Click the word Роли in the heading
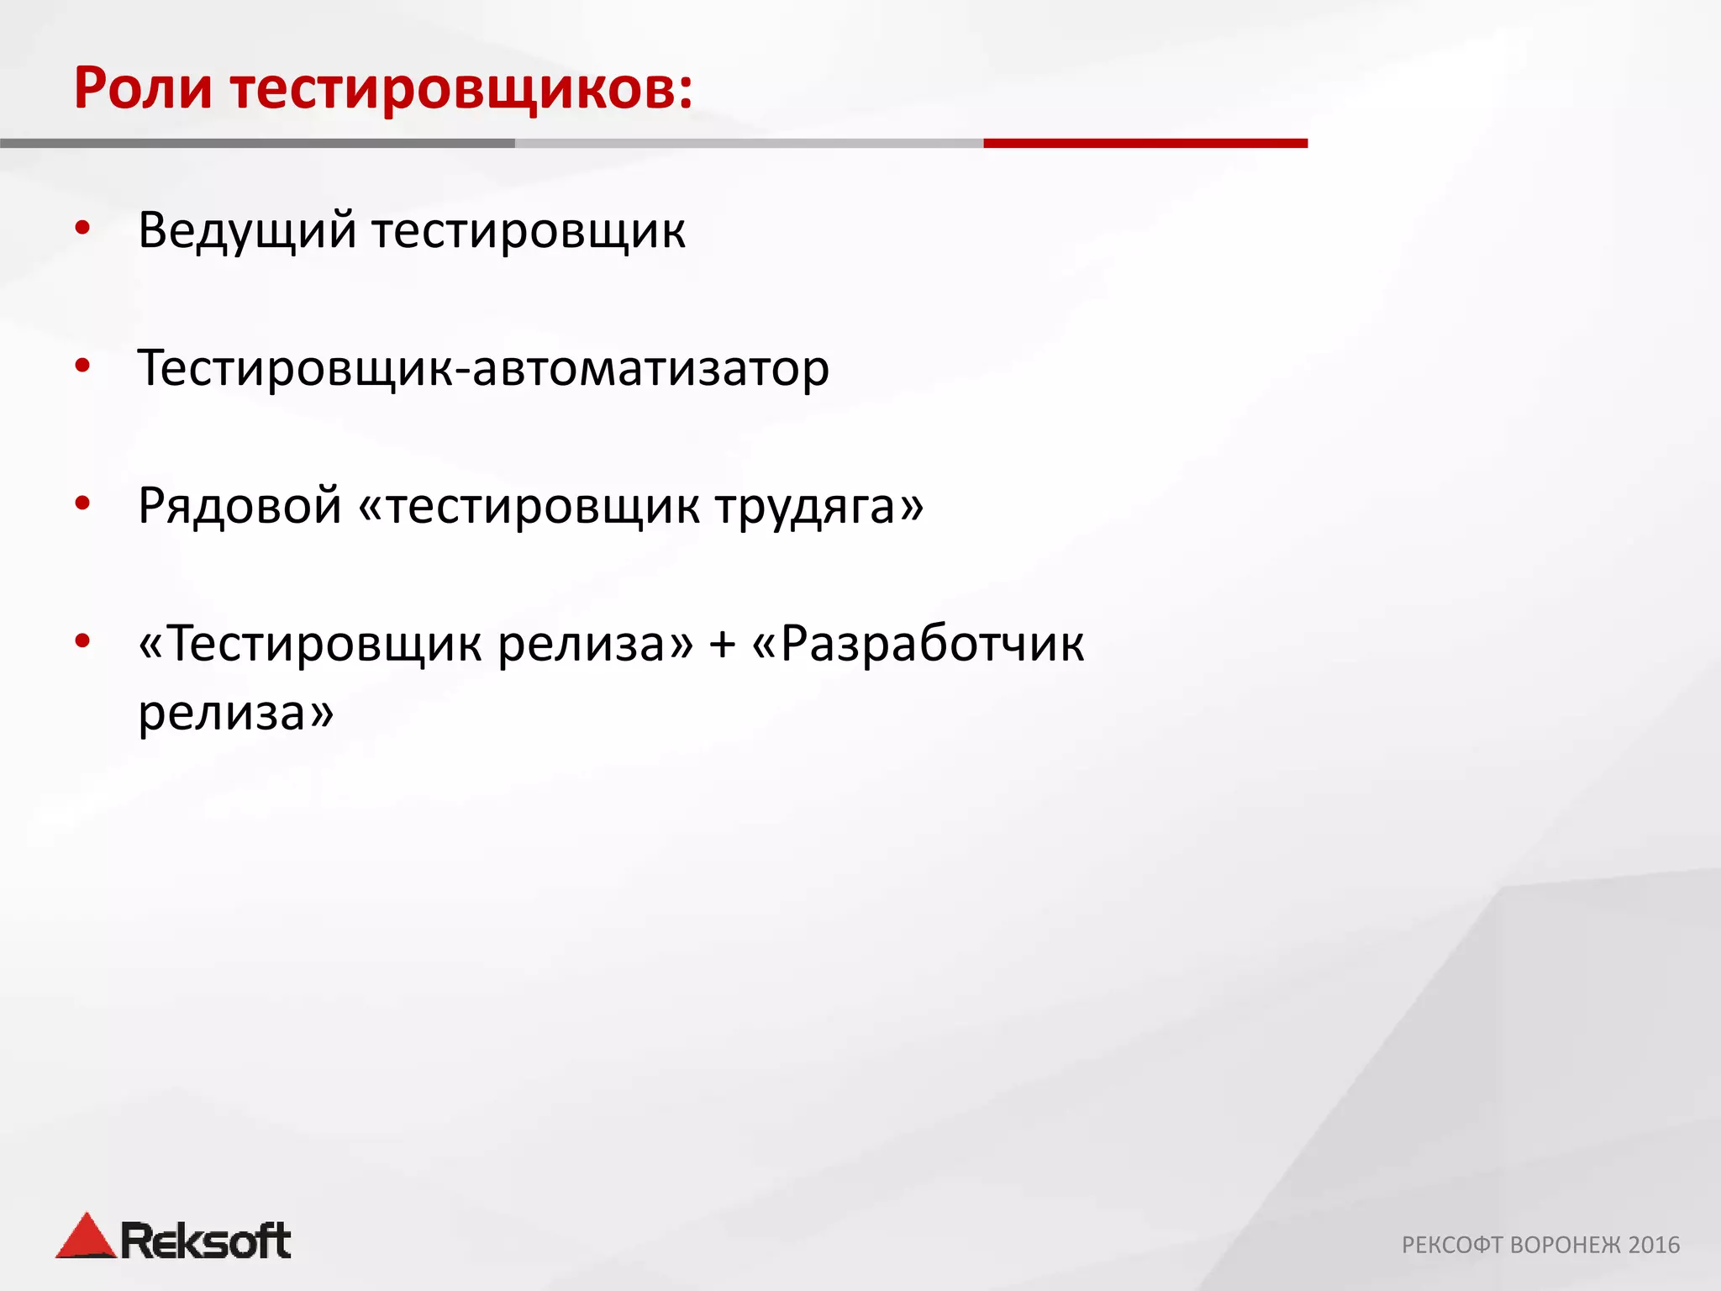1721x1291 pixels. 143,88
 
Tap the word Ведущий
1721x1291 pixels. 247,231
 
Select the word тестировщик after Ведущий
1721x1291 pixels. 529,231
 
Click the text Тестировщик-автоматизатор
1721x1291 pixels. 483,369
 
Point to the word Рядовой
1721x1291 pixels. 239,507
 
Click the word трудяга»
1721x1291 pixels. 819,507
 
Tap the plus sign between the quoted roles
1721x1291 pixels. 722,645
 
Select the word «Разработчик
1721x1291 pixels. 918,645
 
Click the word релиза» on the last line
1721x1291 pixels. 236,714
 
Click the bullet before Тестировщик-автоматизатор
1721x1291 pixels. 82,366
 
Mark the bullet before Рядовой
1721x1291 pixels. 82,503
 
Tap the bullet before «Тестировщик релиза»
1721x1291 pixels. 82,641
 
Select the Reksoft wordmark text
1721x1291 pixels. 206,1241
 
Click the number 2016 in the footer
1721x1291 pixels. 1654,1245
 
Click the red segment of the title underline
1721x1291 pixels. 1145,144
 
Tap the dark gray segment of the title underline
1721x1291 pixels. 257,144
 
